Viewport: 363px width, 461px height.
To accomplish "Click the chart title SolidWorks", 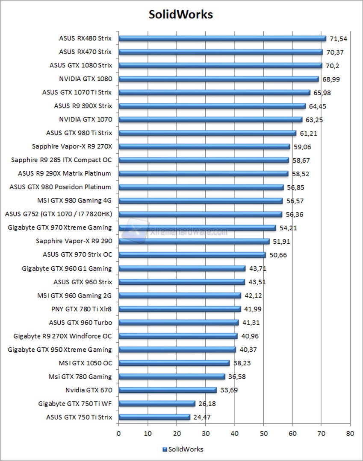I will [180, 15].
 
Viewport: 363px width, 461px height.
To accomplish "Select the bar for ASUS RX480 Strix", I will [222, 38].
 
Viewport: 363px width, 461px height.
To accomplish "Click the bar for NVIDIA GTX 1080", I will [218, 79].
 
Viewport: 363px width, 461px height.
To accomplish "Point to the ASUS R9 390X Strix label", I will [83, 105].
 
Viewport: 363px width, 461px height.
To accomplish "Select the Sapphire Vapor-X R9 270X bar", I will [204, 146].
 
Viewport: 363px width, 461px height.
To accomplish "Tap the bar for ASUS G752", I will [201, 214].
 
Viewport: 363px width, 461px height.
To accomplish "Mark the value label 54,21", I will [288, 228].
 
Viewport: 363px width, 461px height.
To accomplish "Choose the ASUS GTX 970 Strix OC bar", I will [192, 255].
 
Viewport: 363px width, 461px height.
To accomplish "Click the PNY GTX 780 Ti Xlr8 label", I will [81, 309].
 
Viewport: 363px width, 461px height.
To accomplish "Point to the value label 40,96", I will [250, 336].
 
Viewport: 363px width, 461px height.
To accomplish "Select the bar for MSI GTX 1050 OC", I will [174, 363].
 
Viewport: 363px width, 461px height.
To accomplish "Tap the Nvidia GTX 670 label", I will [89, 390].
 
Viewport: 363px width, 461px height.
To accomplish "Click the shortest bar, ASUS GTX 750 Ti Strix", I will [154, 417].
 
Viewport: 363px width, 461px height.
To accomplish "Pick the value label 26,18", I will [207, 404].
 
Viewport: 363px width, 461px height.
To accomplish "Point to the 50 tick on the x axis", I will [263, 433].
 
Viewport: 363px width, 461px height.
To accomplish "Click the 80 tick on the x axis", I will [350, 433].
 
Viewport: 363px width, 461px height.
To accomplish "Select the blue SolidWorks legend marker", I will [165, 449].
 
